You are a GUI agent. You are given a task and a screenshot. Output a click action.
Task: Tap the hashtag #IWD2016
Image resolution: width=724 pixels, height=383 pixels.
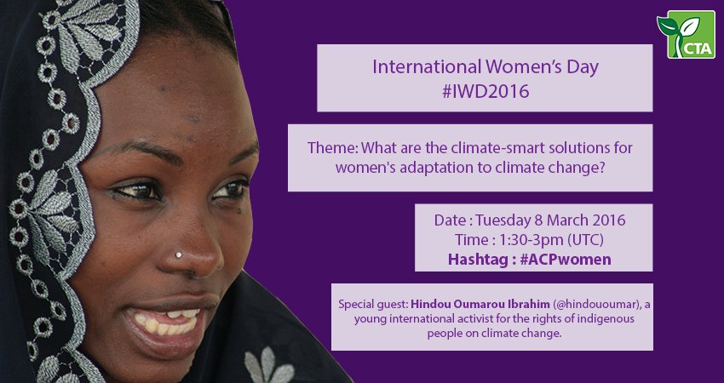pos(485,91)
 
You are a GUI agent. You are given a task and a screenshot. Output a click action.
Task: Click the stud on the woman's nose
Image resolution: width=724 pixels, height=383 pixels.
pos(181,255)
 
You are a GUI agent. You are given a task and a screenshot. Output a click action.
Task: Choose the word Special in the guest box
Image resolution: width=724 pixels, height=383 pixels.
pos(356,303)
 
